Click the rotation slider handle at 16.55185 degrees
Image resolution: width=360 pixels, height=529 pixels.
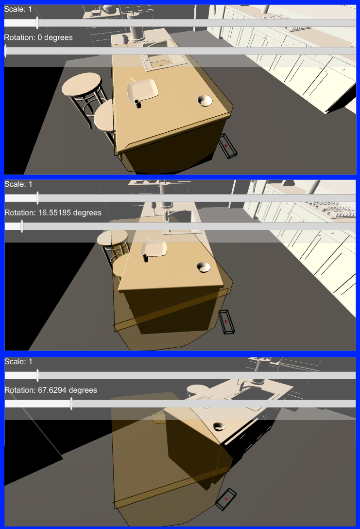pos(22,226)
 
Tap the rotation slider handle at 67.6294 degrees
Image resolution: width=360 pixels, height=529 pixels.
pos(71,404)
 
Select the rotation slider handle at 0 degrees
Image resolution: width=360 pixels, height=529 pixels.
pos(5,51)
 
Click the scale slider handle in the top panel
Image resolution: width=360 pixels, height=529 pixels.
pos(37,23)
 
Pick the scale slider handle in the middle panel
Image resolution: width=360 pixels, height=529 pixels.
pos(37,198)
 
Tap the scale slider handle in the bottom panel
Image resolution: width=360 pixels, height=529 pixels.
pos(37,375)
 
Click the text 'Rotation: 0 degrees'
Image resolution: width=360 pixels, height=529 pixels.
pos(38,37)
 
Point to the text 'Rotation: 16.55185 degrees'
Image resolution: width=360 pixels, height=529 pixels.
pos(53,212)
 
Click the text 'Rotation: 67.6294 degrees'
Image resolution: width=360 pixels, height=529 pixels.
pos(51,390)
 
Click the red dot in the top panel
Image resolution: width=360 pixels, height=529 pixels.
pos(226,146)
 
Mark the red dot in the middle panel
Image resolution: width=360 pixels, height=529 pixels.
pos(226,321)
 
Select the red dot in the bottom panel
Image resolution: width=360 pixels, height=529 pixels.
pos(226,499)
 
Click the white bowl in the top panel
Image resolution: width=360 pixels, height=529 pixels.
pos(205,101)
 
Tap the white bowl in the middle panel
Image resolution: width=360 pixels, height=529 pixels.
pos(204,267)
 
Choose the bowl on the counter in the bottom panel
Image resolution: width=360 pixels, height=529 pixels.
pos(219,426)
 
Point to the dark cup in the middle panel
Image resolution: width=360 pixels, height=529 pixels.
pos(146,258)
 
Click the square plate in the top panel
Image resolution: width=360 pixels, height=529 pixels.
pos(142,90)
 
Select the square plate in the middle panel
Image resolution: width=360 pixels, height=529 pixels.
pos(154,248)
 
